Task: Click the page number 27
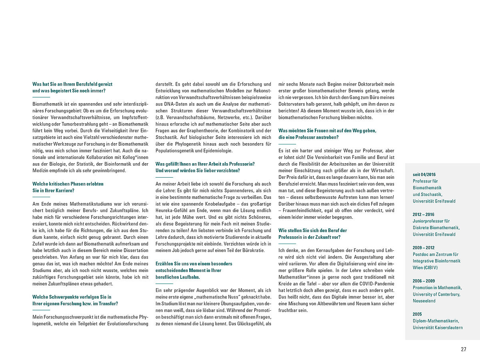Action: coord(464,349)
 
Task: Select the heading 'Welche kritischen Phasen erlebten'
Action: coord(68,184)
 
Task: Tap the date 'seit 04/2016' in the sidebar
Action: coord(424,174)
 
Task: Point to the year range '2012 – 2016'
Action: coord(423,214)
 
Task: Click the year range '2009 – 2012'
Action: coord(423,248)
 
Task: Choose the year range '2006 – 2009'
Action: coord(424,281)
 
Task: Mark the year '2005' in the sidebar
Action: coord(417,314)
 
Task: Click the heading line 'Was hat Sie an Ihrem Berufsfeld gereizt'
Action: coord(72,84)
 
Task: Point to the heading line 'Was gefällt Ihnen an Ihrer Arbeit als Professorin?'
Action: coord(205,164)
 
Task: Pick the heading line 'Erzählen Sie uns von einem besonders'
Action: coord(194,264)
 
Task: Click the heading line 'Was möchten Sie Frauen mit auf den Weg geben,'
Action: coord(327,131)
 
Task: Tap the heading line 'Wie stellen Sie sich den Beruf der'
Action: coord(313,230)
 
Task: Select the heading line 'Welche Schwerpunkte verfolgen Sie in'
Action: coord(72,297)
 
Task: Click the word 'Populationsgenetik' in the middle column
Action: coord(174,150)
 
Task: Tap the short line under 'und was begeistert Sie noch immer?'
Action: coord(41,98)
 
